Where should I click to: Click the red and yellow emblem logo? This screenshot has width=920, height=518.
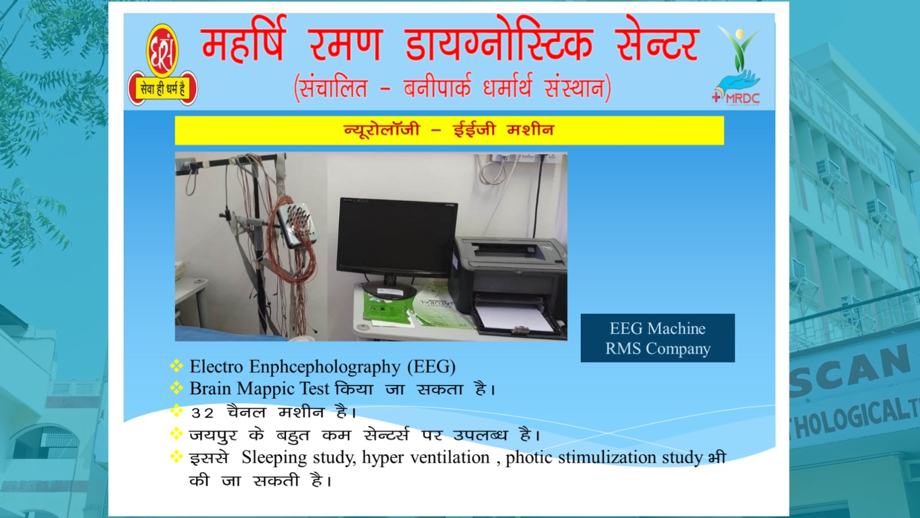[x=163, y=65]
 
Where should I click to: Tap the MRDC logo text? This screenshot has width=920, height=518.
[x=742, y=98]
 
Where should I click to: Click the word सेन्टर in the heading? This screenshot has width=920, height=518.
[x=658, y=43]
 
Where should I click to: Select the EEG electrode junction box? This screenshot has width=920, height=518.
[x=297, y=225]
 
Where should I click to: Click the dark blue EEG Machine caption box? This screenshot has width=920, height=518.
[x=658, y=338]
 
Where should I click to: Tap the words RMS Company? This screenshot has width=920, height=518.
[x=658, y=349]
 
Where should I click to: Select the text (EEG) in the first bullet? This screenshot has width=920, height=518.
[x=431, y=367]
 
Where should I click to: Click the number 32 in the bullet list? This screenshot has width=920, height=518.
[x=202, y=413]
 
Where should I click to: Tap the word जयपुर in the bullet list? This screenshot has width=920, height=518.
[x=213, y=435]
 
